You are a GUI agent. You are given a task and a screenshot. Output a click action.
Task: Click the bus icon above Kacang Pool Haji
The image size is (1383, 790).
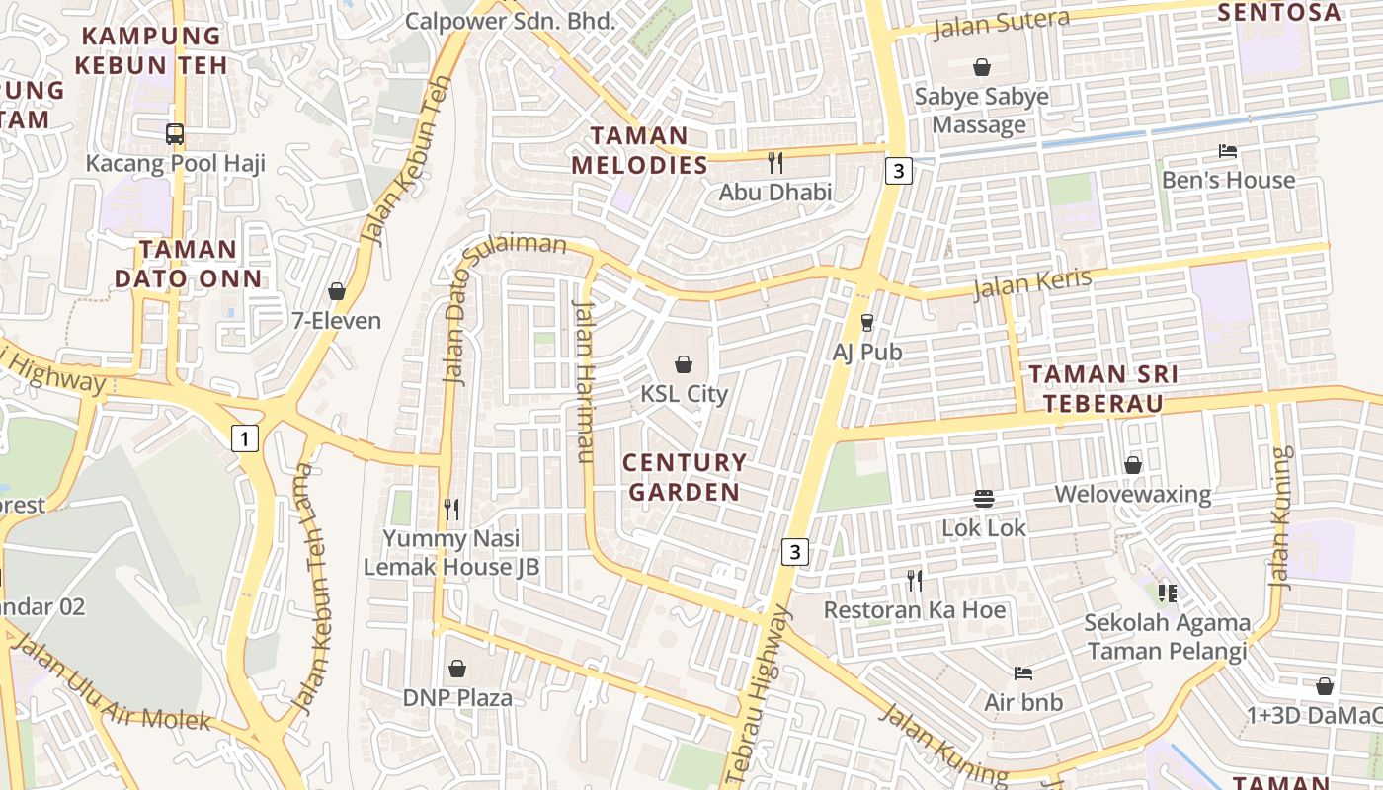coord(175,134)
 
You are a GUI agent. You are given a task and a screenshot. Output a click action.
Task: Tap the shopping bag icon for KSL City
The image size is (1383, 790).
coord(683,364)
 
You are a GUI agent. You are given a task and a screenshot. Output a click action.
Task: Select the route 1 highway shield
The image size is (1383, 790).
coord(245,437)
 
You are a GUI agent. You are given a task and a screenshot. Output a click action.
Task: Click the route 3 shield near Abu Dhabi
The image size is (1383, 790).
coord(897,171)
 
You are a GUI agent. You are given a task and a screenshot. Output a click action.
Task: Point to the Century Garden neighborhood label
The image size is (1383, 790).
coord(685,477)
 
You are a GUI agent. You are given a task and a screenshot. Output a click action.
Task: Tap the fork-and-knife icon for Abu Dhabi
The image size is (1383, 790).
coord(775,163)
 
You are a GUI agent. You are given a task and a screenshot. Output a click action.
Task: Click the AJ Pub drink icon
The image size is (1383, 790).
coord(867,322)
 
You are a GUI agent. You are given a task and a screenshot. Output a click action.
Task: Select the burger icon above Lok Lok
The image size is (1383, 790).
coord(984,499)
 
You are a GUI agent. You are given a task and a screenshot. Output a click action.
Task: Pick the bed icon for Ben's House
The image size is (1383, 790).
coord(1228,151)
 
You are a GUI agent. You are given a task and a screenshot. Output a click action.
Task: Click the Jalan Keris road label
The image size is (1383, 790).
coord(1032,283)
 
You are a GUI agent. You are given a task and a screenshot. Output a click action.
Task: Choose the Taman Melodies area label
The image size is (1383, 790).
coord(640,150)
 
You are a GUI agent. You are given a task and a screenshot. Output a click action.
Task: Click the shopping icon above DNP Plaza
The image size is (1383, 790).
coord(457,669)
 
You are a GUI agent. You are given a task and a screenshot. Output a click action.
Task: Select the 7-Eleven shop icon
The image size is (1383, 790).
coord(336,291)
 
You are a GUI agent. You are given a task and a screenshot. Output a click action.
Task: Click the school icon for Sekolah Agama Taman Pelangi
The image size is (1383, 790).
coord(1168,592)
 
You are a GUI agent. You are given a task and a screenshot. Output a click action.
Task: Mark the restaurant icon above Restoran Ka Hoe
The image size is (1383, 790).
coord(915,581)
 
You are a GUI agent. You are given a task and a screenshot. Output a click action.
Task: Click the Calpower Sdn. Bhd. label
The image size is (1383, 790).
coord(511,20)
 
